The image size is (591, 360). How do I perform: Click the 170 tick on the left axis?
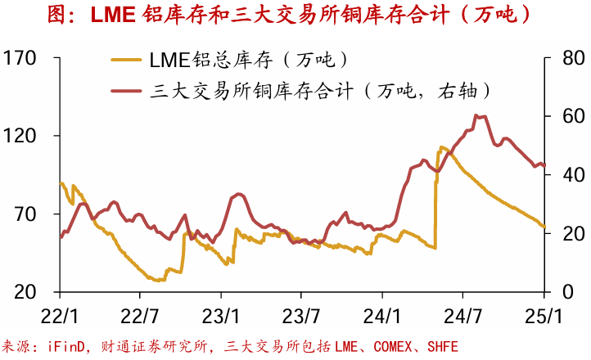20,58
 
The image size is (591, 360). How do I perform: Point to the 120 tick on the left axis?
20,136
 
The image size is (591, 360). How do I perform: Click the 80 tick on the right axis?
566,58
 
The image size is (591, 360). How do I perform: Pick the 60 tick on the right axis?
566,116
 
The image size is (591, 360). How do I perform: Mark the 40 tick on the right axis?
566,175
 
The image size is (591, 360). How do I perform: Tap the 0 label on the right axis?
560,292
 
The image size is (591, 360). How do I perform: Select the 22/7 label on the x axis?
140,315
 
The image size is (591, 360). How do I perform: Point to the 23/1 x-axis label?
221,315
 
